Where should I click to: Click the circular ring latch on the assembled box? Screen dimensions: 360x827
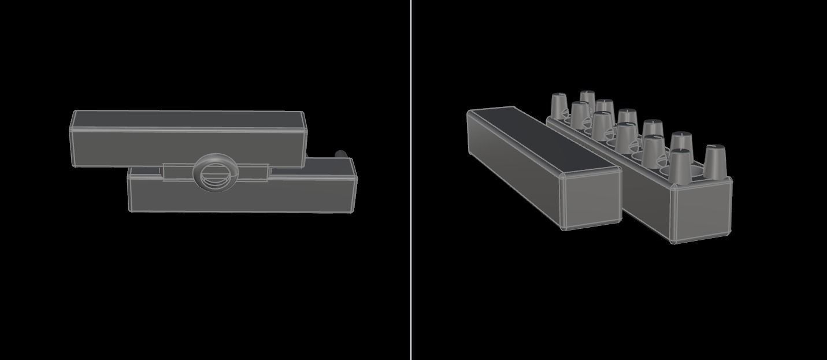click(216, 172)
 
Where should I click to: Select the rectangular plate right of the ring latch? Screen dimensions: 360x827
click(253, 172)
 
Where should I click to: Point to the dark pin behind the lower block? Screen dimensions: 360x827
click(342, 155)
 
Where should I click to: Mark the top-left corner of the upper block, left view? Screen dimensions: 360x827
click(74, 112)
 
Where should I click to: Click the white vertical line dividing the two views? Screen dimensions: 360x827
click(411, 180)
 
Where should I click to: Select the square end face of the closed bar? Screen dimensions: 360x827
click(591, 198)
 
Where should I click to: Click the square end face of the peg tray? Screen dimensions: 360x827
click(700, 211)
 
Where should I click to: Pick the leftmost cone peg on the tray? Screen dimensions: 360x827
click(558, 105)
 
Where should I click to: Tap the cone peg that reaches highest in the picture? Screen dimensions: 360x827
click(588, 102)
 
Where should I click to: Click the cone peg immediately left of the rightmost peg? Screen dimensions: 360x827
click(680, 164)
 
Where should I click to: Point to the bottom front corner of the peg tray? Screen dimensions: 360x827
click(673, 240)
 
